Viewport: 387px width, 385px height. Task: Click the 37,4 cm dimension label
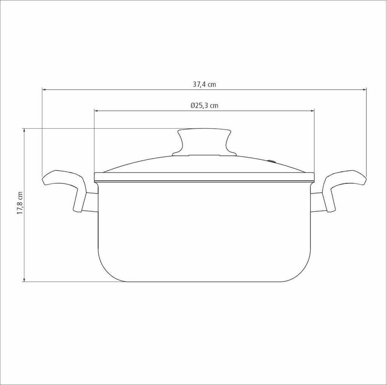coord(204,85)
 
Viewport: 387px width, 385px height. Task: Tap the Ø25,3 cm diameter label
coord(204,105)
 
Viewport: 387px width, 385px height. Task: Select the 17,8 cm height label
coord(20,203)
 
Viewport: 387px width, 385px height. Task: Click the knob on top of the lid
coord(204,142)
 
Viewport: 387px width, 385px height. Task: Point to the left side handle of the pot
coord(65,188)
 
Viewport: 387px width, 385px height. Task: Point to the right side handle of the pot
coord(344,188)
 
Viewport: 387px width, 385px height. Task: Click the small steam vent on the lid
coord(272,162)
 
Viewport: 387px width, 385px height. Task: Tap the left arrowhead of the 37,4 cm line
coord(45,90)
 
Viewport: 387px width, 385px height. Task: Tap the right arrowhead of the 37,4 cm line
coord(364,90)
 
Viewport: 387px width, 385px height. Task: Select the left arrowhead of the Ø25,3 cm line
coord(97,111)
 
